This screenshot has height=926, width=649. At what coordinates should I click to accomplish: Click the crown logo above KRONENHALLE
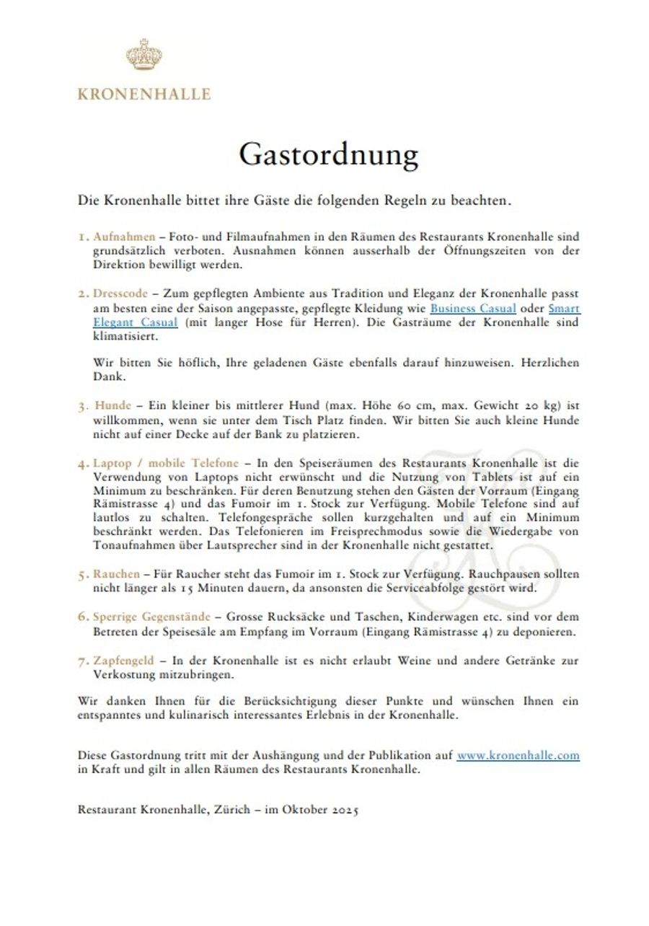click(144, 56)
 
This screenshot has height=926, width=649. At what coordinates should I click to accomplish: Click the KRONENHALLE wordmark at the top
click(144, 94)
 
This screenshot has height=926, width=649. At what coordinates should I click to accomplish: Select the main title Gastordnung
click(328, 155)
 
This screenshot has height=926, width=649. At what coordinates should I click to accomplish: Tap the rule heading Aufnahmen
click(124, 237)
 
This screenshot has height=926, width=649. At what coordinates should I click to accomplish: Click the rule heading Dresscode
click(120, 294)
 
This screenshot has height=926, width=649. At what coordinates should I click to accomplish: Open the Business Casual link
click(473, 308)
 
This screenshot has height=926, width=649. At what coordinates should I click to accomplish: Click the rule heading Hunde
click(113, 406)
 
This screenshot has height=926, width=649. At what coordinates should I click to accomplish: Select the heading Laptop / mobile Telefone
click(166, 463)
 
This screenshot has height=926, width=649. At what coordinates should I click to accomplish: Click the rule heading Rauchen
click(116, 574)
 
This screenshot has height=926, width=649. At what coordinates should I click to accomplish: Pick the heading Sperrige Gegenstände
click(151, 617)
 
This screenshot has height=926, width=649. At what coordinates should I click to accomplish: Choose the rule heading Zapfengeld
click(123, 661)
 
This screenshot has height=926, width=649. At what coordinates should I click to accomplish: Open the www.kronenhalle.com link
click(518, 756)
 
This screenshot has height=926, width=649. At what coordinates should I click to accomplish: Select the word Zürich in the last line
click(224, 809)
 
